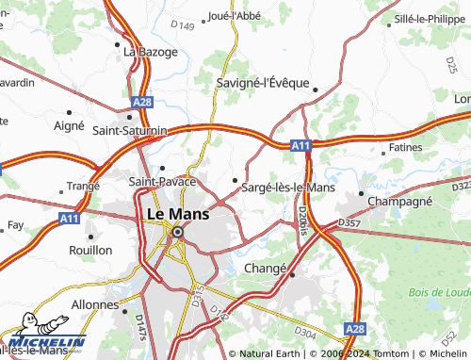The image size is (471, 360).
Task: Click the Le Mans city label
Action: tap(178, 214)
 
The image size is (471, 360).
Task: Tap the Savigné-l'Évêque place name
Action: tap(263, 82)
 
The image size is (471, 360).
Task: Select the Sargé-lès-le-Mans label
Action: tap(288, 188)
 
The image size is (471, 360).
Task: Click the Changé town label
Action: tap(265, 269)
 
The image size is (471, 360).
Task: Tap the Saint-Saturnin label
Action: tap(130, 130)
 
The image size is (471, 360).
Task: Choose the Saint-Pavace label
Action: tap(162, 179)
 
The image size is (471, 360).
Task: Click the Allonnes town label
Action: tap(94, 306)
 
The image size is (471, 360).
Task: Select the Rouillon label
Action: tap(90, 250)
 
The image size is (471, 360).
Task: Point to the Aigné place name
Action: tap(69, 124)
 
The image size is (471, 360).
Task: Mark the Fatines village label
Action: tap(405, 148)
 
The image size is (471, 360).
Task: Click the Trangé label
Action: tap(82, 186)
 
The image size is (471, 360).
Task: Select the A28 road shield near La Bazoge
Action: tap(142, 102)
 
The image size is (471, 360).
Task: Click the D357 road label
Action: tap(349, 223)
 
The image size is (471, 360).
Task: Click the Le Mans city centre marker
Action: tap(176, 231)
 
